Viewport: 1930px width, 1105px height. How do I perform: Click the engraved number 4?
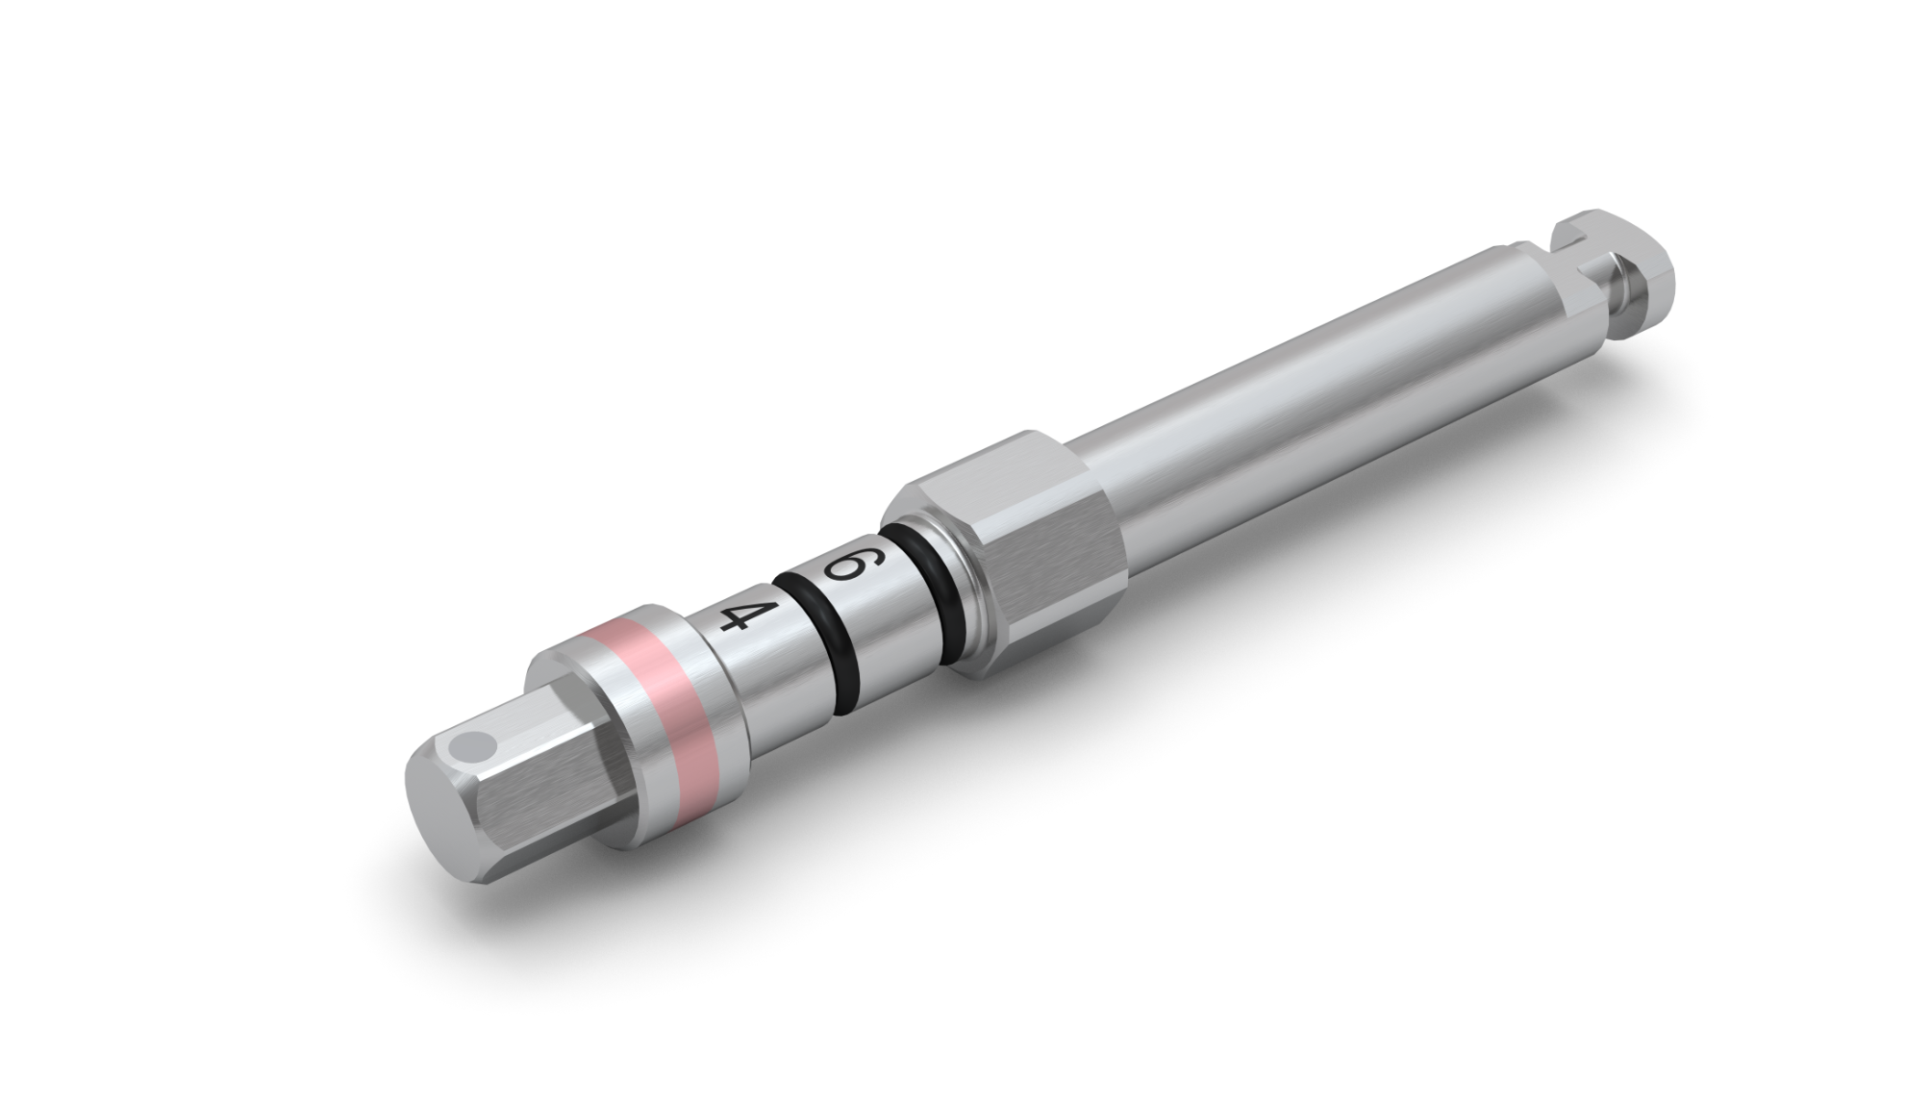tap(736, 616)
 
